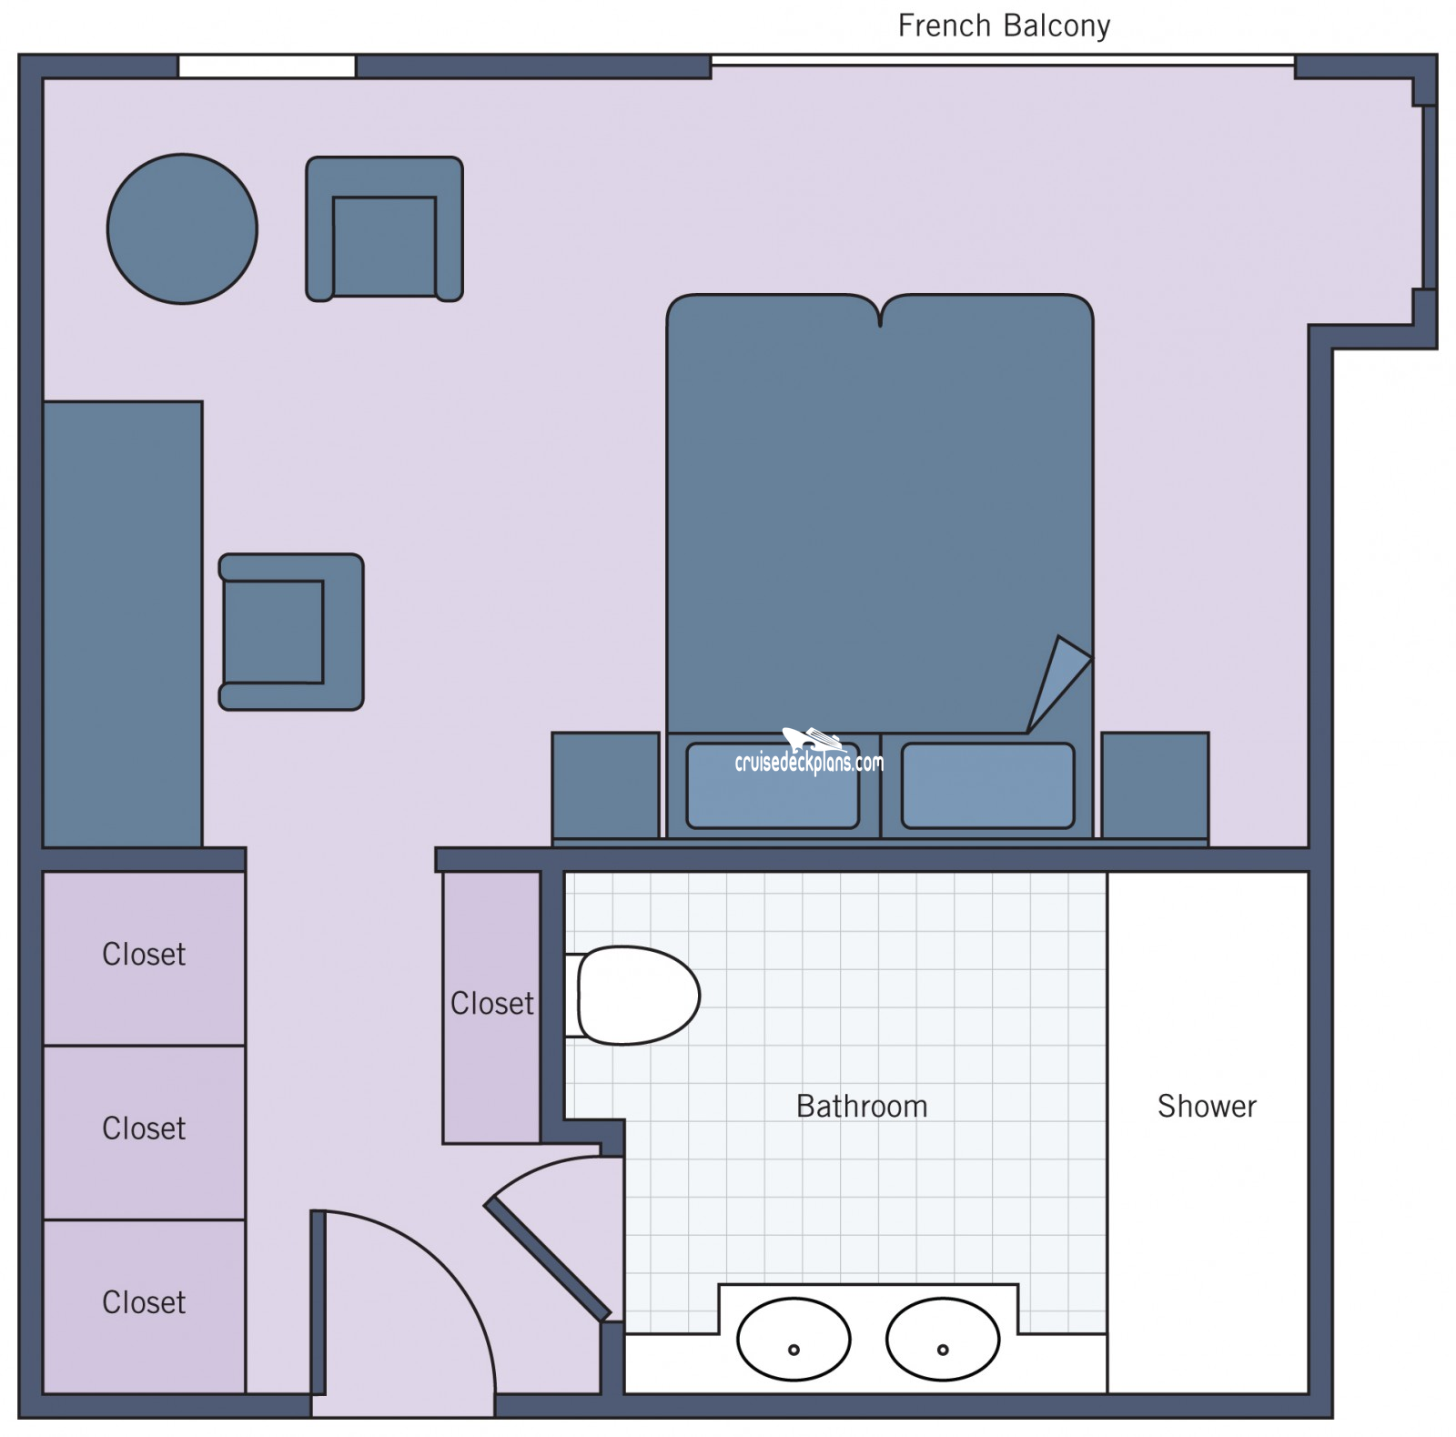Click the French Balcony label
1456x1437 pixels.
1004,25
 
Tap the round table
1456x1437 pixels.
182,228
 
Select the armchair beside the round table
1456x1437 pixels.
384,228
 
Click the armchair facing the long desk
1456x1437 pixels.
291,632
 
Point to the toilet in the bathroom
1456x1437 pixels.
633,995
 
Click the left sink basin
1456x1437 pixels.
794,1339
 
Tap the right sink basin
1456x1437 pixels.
943,1339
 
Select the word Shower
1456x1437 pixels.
1207,1106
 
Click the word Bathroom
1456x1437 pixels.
862,1106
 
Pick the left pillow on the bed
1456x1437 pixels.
773,785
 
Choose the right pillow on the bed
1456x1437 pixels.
987,785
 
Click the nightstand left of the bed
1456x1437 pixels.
605,784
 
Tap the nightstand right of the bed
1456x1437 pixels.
1155,784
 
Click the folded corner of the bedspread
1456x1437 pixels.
1058,683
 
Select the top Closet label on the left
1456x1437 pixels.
144,954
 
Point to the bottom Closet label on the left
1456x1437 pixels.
144,1302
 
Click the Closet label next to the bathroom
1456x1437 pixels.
492,1003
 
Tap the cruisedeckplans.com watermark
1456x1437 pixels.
809,756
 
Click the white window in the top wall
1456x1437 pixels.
267,66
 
